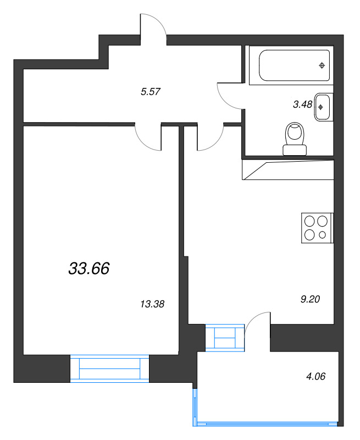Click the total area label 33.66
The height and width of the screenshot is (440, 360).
tap(89, 268)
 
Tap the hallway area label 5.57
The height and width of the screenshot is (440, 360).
tap(150, 91)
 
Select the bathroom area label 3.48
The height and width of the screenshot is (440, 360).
tap(302, 105)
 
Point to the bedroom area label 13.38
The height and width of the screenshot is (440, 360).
tap(152, 304)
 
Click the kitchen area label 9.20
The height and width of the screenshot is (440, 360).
tap(310, 299)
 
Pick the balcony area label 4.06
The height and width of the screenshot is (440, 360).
tap(315, 376)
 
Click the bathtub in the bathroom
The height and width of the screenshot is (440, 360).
tap(294, 65)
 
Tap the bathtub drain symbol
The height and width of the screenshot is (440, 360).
tap(322, 65)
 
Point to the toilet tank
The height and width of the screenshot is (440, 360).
tap(295, 150)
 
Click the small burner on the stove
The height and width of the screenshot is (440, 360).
tap(323, 235)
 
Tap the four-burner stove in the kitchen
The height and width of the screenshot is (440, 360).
tap(317, 228)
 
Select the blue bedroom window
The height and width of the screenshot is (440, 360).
tap(109, 369)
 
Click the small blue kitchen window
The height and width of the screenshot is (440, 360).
tap(225, 338)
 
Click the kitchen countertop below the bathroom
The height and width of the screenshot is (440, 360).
tap(288, 170)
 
